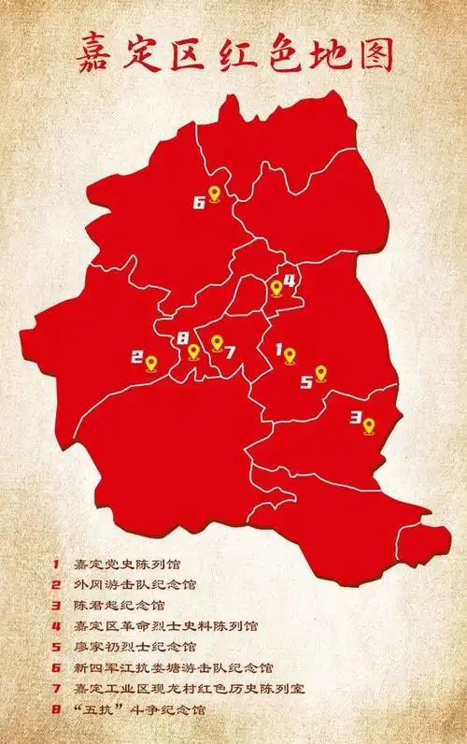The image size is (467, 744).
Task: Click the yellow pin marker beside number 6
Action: (x=214, y=194)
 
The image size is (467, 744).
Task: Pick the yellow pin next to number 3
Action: (x=369, y=425)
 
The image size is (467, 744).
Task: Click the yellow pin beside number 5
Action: (x=321, y=373)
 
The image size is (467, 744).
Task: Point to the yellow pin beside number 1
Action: (x=290, y=355)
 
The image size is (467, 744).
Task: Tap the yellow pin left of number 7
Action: (x=217, y=343)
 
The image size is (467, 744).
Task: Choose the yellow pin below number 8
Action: (x=193, y=352)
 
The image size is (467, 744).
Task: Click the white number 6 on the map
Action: (x=198, y=201)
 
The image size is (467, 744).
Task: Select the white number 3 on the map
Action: (x=354, y=419)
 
